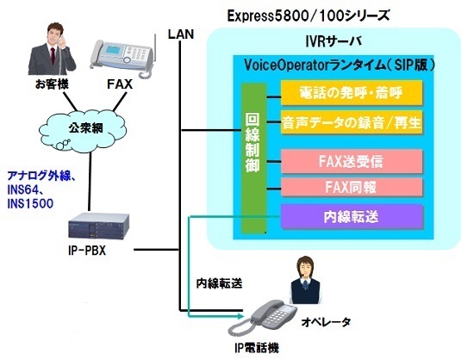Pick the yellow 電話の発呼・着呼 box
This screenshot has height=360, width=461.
pyautogui.click(x=352, y=92)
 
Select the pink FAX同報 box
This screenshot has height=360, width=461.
pyautogui.click(x=352, y=186)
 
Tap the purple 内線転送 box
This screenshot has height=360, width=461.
pyautogui.click(x=352, y=216)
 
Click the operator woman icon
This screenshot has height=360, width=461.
pyautogui.click(x=304, y=276)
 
